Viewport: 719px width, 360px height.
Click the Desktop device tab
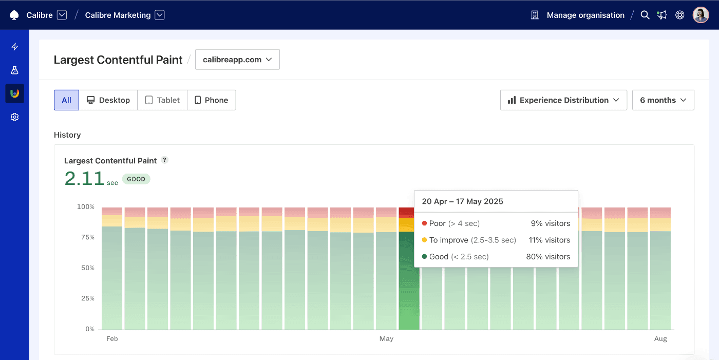pos(108,100)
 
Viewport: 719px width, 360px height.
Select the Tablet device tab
pos(162,100)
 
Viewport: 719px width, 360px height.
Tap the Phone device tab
pos(211,100)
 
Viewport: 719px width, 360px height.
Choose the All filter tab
pos(66,100)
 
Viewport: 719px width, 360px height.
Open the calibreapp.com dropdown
pos(237,60)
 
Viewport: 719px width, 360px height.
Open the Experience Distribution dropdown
pos(563,100)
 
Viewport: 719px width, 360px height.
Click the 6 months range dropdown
pos(663,100)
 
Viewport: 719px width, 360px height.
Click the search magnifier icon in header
pos(645,15)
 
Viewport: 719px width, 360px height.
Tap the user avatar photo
pos(701,15)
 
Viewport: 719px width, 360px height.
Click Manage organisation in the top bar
pos(585,15)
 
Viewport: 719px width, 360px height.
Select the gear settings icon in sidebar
pos(14,117)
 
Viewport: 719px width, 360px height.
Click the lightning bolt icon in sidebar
pos(14,47)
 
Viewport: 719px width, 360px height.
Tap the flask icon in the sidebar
pos(14,70)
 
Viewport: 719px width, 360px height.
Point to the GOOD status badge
pos(136,179)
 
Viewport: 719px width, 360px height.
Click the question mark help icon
pos(164,160)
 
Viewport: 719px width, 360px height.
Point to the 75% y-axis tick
pos(86,237)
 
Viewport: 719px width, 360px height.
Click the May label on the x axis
pos(386,339)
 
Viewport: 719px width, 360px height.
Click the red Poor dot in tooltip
pos(424,223)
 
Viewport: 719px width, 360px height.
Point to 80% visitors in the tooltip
pos(548,257)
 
